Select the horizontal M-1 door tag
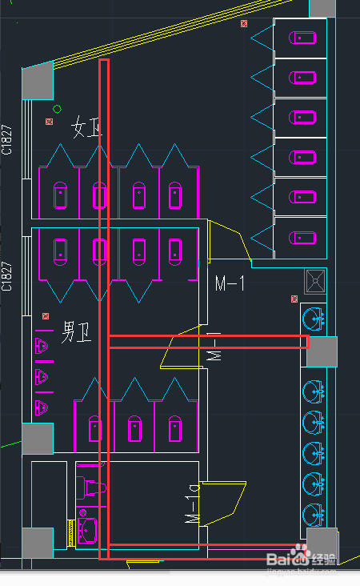click(x=230, y=283)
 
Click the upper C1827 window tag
click(x=7, y=139)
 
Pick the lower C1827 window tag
click(x=7, y=276)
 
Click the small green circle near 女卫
click(x=57, y=109)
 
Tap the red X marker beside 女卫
click(x=50, y=122)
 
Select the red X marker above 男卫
click(x=46, y=317)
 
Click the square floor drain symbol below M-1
click(x=315, y=280)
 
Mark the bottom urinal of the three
click(x=42, y=407)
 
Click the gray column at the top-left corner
click(x=36, y=82)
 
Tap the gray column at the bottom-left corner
click(x=36, y=544)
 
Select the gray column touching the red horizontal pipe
click(x=322, y=352)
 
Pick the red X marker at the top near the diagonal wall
click(x=244, y=24)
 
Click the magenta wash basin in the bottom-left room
click(x=87, y=528)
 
